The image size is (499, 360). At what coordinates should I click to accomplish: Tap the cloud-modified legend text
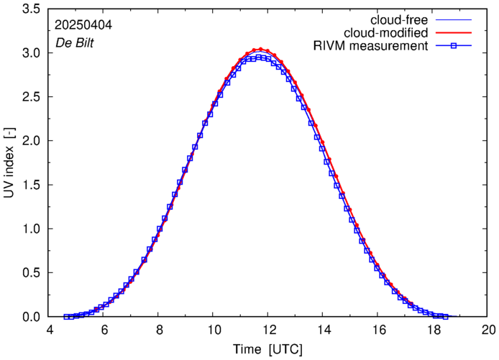point(386,33)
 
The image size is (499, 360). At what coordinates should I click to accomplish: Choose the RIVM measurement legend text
point(371,47)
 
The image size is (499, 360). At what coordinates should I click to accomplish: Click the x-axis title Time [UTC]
point(268,349)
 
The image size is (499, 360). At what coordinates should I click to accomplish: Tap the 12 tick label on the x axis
point(269,330)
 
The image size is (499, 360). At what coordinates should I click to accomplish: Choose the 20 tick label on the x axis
point(488,330)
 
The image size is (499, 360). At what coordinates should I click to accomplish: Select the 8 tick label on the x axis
point(159,330)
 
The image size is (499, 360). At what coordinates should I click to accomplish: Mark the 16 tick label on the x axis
point(378,330)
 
